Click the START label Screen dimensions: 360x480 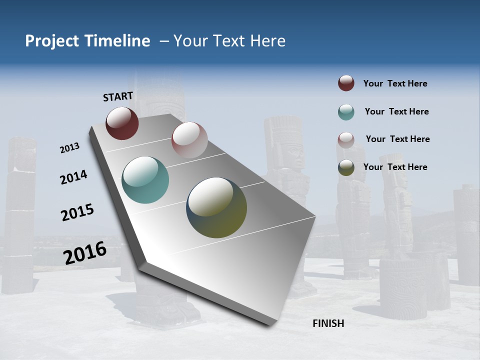click(x=118, y=96)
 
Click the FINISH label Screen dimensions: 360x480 click(x=328, y=323)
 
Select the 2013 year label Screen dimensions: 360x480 click(x=70, y=148)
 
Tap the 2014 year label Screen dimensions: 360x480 click(x=74, y=177)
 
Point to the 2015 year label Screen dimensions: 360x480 click(x=77, y=212)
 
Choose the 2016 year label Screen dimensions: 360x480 click(x=85, y=252)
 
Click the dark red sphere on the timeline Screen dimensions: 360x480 click(x=122, y=123)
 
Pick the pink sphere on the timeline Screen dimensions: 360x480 click(x=189, y=140)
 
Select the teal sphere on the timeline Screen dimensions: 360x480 click(x=145, y=180)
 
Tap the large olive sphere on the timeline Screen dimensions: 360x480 click(x=216, y=207)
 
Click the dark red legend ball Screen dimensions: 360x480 click(x=346, y=83)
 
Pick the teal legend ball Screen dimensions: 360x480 click(x=346, y=112)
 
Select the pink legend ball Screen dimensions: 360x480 click(x=346, y=139)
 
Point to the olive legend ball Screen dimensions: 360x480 click(x=346, y=167)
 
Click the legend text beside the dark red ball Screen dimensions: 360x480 click(x=395, y=83)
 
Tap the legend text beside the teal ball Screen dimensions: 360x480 click(x=396, y=111)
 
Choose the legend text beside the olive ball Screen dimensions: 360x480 click(x=395, y=167)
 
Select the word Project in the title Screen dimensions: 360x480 click(x=51, y=41)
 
